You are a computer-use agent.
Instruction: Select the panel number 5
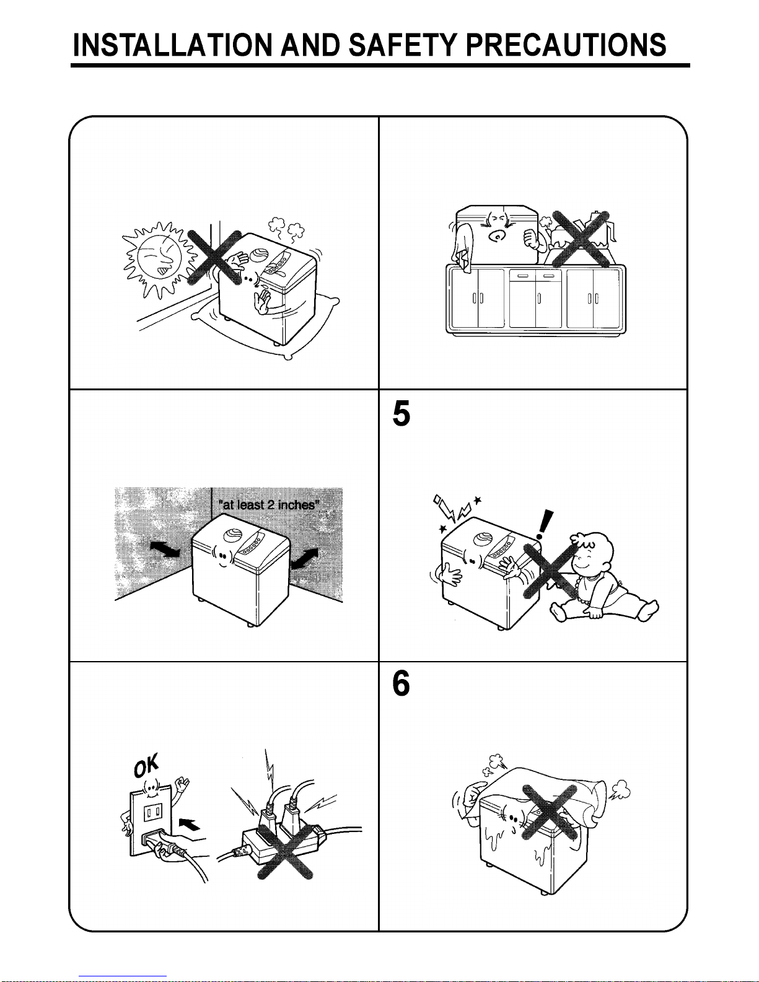(401, 413)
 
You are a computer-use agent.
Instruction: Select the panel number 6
(401, 684)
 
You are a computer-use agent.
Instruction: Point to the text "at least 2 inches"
(267, 505)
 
